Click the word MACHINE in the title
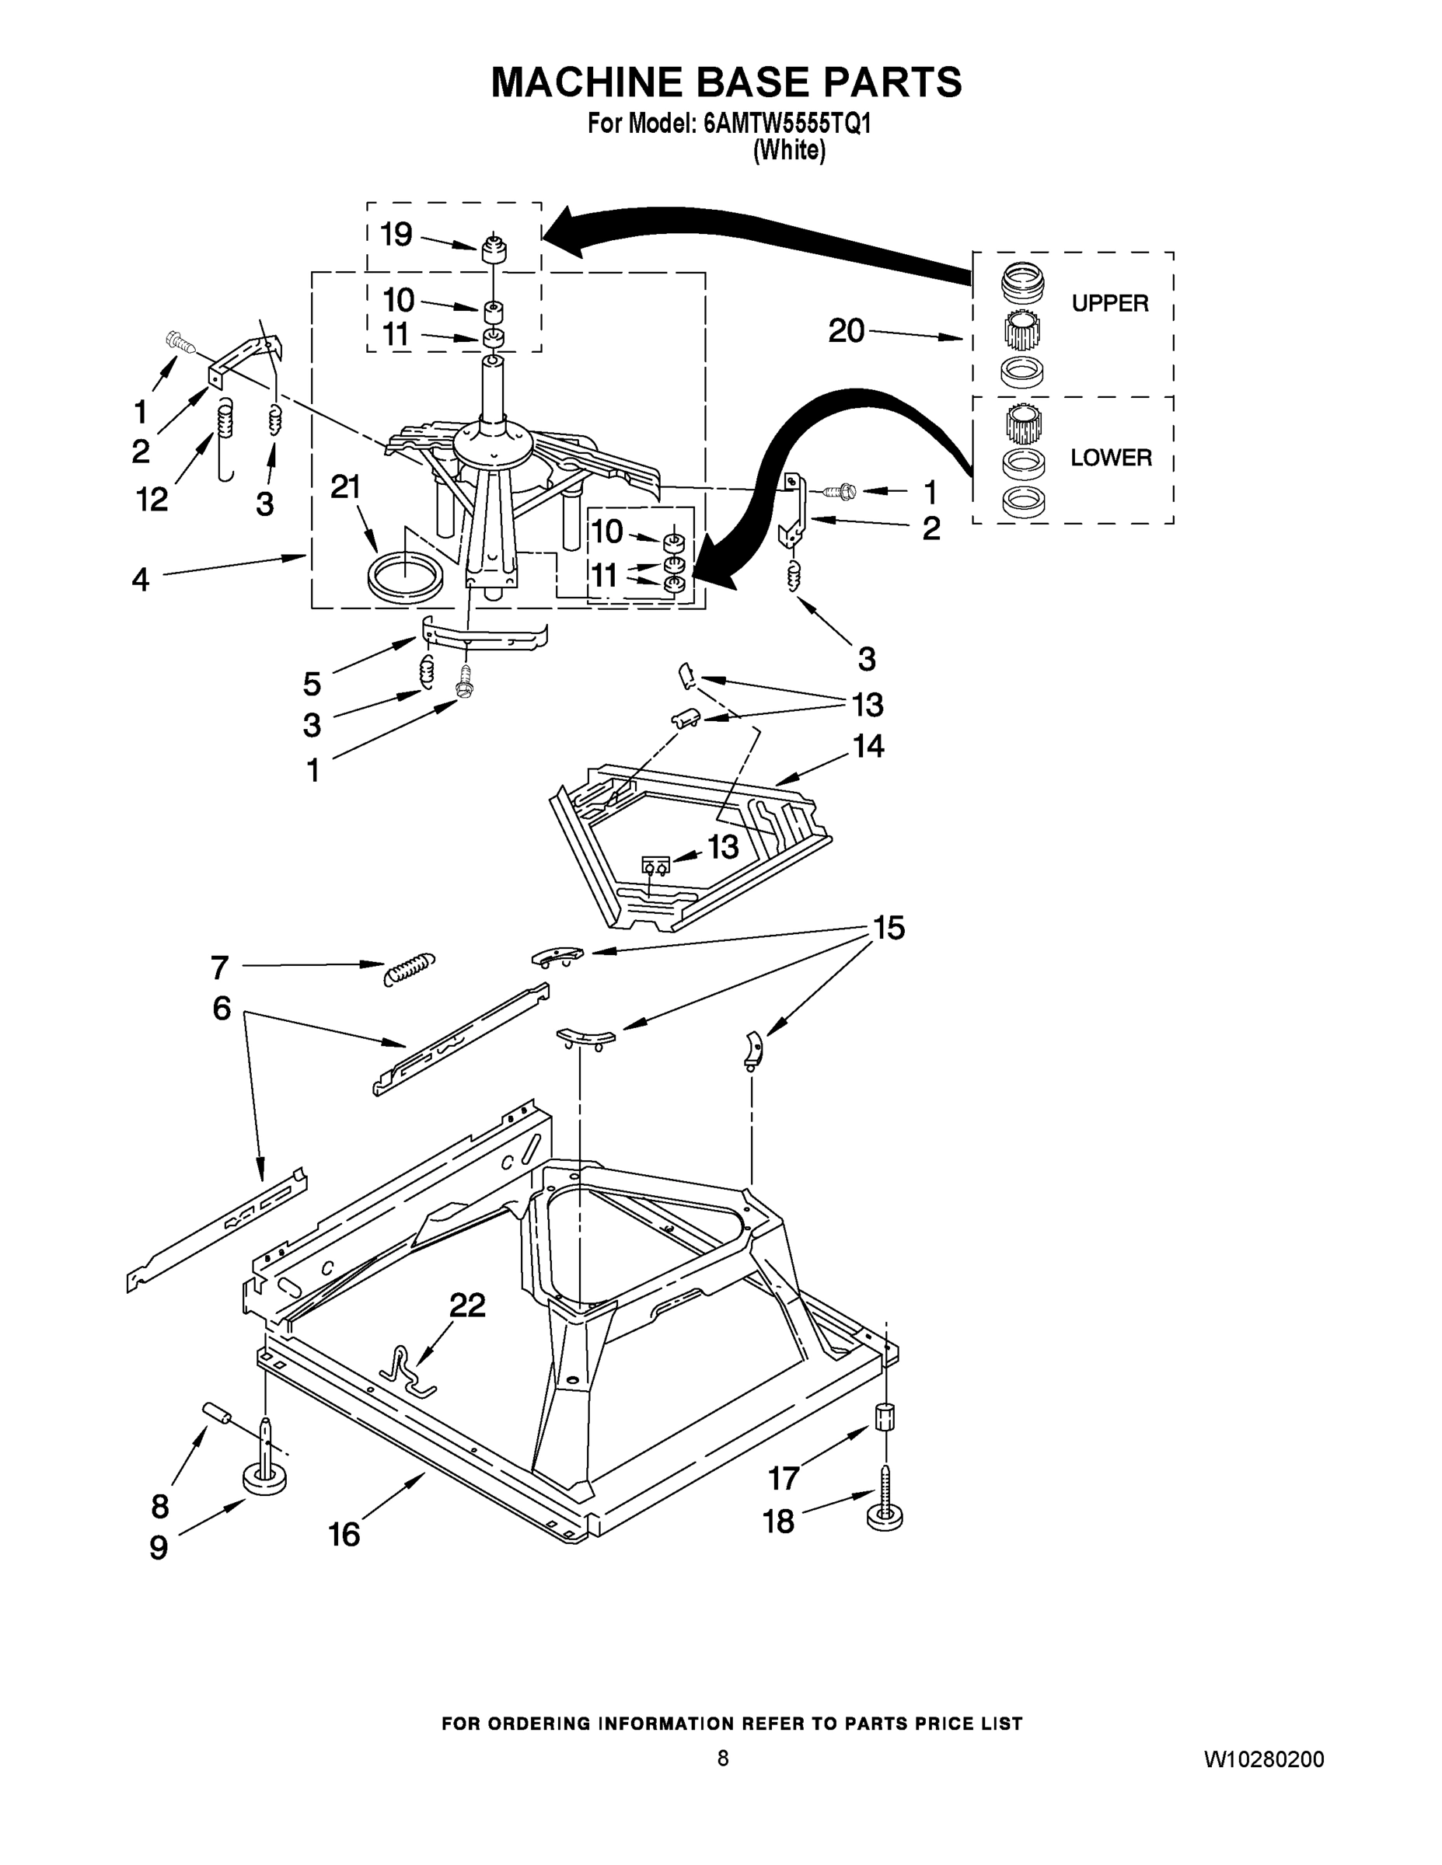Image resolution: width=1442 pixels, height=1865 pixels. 586,83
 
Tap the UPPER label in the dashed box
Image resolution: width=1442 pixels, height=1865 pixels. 1110,303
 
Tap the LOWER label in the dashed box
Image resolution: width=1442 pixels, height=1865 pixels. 1111,458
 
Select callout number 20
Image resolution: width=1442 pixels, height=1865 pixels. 846,331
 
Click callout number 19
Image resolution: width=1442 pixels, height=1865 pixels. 396,234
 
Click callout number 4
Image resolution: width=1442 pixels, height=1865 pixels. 140,580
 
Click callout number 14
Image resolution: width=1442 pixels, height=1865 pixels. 868,746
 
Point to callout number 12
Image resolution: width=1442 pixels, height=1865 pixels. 152,500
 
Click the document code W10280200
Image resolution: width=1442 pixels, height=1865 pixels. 1263,1759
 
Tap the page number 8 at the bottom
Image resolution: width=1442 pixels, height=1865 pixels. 723,1758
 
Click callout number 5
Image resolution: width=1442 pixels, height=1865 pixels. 312,683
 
